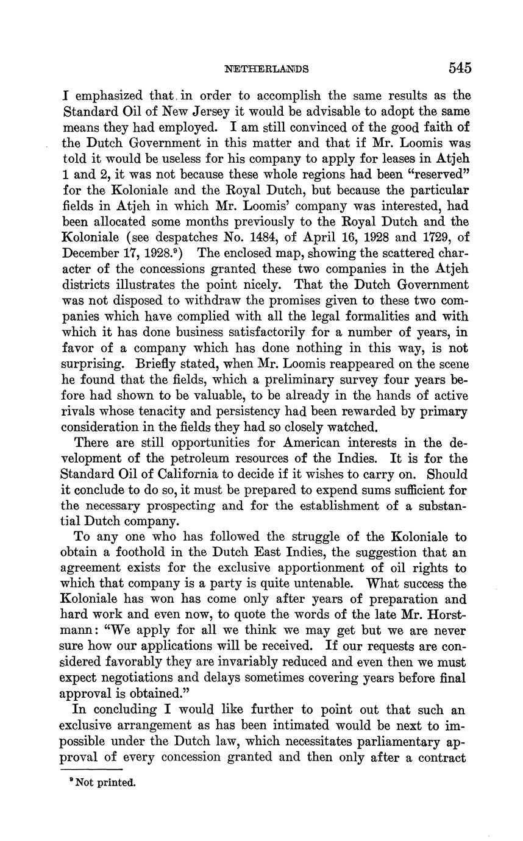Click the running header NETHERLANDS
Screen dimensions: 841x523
[x=266, y=68]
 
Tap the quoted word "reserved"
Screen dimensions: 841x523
[x=435, y=176]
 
